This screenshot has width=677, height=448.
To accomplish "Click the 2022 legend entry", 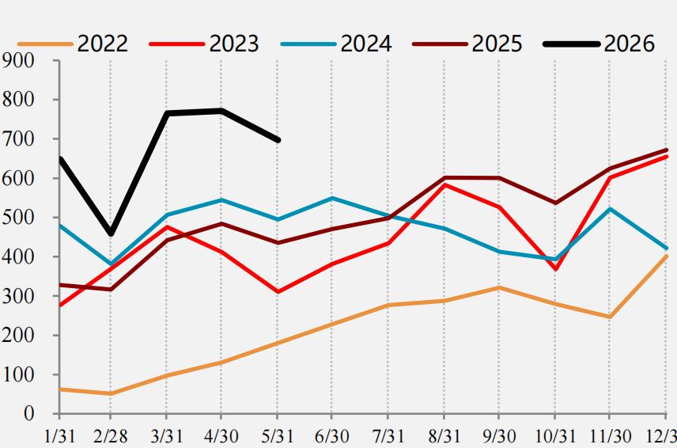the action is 73,44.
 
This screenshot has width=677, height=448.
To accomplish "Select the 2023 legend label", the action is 234,44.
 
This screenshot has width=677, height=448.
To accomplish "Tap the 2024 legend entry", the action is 336,44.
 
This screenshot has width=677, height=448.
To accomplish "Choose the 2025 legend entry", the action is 467,44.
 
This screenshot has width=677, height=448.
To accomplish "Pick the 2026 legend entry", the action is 599,44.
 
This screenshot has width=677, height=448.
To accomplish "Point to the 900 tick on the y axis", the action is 17,60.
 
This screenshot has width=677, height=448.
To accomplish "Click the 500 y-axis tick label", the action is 17,218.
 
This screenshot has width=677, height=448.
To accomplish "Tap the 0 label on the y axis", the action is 29,414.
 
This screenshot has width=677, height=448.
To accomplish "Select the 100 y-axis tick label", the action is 17,374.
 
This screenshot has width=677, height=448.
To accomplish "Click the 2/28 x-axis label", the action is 111,437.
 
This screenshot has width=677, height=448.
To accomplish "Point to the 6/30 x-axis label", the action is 331,437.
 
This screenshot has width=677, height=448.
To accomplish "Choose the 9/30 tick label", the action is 499,437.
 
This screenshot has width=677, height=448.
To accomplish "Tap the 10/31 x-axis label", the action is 555,437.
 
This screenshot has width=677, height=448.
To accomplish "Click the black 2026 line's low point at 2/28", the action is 111,233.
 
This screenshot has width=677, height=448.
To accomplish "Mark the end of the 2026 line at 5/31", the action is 278,140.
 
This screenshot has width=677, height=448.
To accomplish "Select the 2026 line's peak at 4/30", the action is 221,111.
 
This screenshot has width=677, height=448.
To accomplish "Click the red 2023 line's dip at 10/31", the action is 555,269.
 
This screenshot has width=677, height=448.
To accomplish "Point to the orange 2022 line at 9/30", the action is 499,288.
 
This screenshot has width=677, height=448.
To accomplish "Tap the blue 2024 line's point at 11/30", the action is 610,209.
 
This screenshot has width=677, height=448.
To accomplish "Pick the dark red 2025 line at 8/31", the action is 444,177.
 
